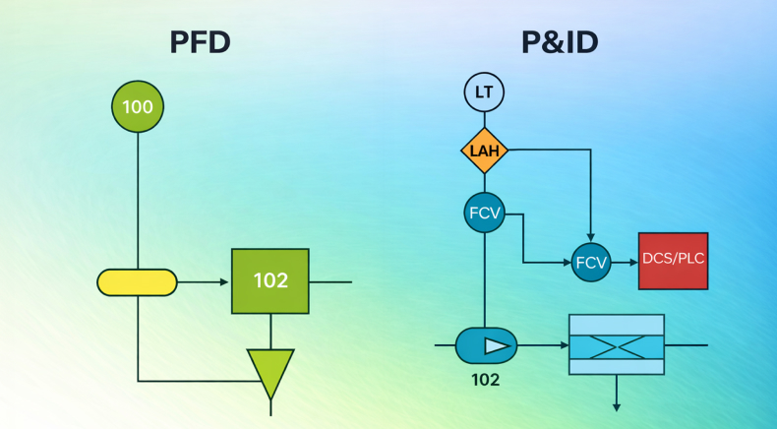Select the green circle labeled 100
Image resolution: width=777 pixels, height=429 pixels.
[138, 106]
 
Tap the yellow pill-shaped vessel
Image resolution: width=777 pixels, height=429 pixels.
[137, 282]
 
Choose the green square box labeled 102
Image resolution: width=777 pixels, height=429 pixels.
[270, 281]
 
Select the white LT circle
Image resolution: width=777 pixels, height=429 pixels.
[484, 93]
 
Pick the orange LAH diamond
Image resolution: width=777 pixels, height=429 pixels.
[484, 151]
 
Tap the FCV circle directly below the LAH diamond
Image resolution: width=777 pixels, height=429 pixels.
[484, 213]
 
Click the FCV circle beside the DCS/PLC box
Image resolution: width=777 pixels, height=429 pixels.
[591, 262]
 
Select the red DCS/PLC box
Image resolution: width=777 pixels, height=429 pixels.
[673, 261]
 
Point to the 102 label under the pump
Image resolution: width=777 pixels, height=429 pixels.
[486, 379]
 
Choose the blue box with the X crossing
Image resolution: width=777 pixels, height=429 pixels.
[617, 344]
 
